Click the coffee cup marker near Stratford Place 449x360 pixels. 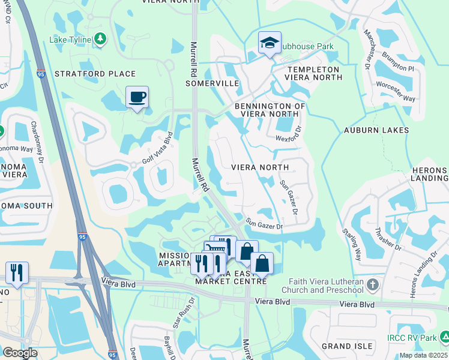click(x=137, y=97)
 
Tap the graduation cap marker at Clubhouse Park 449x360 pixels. click(x=270, y=43)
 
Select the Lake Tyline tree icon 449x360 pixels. click(x=100, y=40)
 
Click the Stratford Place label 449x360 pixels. click(x=95, y=74)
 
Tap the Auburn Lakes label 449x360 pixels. click(x=376, y=130)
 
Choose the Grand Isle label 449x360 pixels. click(x=343, y=346)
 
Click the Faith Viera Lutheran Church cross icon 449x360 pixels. click(x=372, y=283)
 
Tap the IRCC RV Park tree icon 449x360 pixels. click(x=442, y=337)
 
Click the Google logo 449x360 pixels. click(x=20, y=352)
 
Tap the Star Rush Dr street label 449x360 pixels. click(x=184, y=313)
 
